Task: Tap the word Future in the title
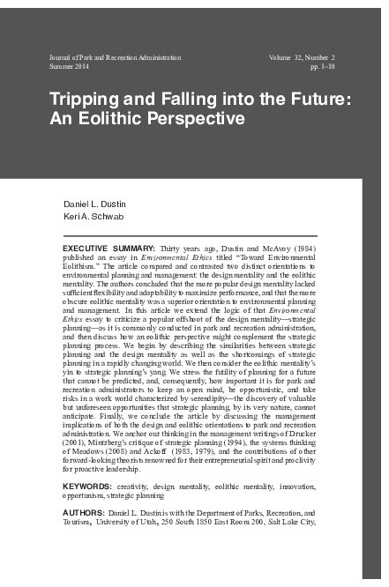(322, 100)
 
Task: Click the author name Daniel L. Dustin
(94, 203)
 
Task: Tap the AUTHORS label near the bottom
(84, 512)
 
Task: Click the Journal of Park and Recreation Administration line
(116, 57)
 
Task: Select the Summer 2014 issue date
(71, 67)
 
